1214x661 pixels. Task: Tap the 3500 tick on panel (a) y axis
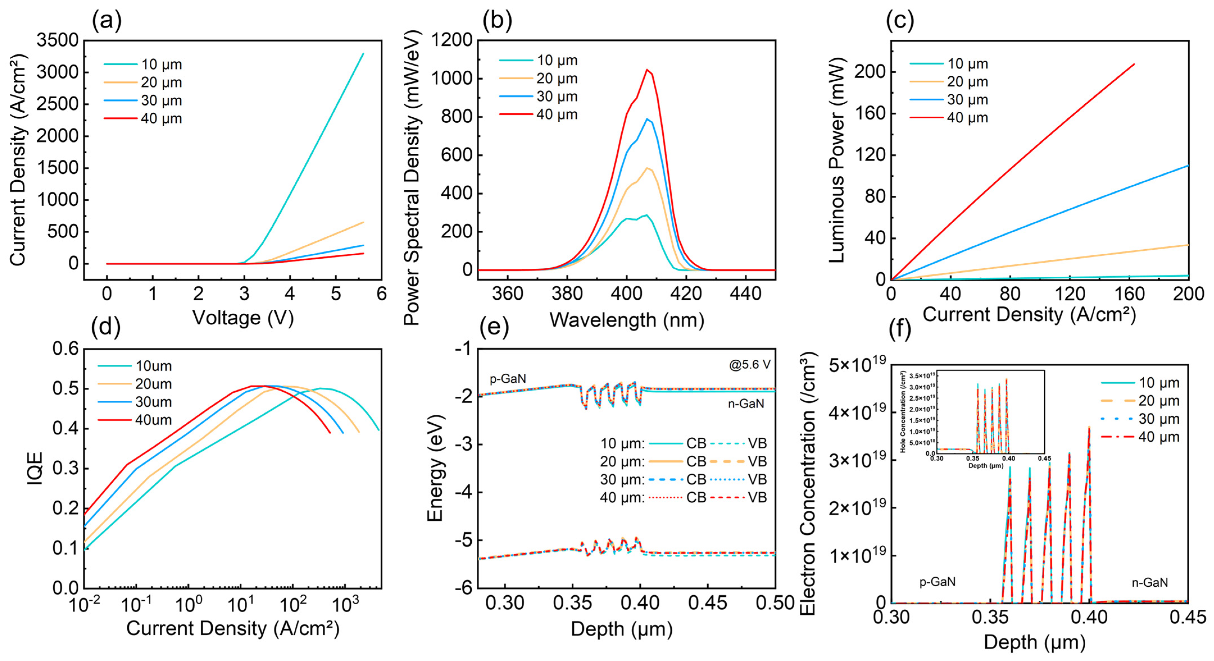point(58,40)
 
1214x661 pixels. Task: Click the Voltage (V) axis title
point(243,318)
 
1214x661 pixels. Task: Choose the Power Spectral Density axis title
point(412,178)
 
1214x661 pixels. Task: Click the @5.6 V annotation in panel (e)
point(749,365)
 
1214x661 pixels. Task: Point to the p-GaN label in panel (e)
point(508,378)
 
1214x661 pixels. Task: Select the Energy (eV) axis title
point(435,469)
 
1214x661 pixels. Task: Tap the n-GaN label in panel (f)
point(1149,582)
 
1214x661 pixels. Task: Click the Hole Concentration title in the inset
point(903,412)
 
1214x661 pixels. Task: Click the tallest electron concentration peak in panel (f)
point(1089,428)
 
